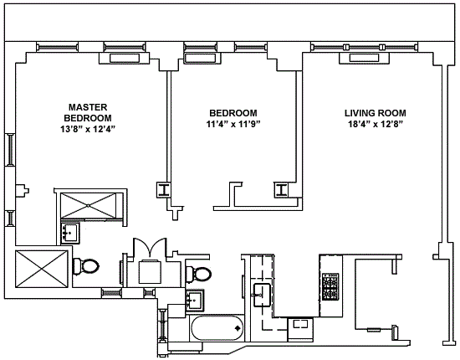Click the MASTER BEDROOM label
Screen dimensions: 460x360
tap(88, 112)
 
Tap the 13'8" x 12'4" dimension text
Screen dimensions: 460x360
tap(88, 129)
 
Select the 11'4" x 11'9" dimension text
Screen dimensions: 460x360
tap(233, 124)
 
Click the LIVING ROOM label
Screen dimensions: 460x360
tap(376, 113)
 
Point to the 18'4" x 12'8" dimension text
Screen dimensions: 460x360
tap(376, 124)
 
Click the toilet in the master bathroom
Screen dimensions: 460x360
tap(85, 266)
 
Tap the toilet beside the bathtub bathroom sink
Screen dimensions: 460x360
tap(198, 273)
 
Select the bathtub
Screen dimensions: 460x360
tap(217, 328)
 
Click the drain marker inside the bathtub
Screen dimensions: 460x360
tap(238, 328)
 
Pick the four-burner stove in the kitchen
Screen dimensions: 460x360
tap(330, 287)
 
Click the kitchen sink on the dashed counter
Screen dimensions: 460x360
tap(262, 295)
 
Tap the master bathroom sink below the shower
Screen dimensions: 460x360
tap(69, 233)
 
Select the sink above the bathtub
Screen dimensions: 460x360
tap(195, 300)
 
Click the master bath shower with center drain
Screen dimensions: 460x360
tap(89, 206)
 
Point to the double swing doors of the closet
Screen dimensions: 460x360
tap(150, 247)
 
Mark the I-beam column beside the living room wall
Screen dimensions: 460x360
tap(281, 189)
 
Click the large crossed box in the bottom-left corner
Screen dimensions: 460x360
tap(42, 269)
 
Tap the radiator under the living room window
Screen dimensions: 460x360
tap(364, 58)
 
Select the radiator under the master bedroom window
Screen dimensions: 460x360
tap(124, 58)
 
